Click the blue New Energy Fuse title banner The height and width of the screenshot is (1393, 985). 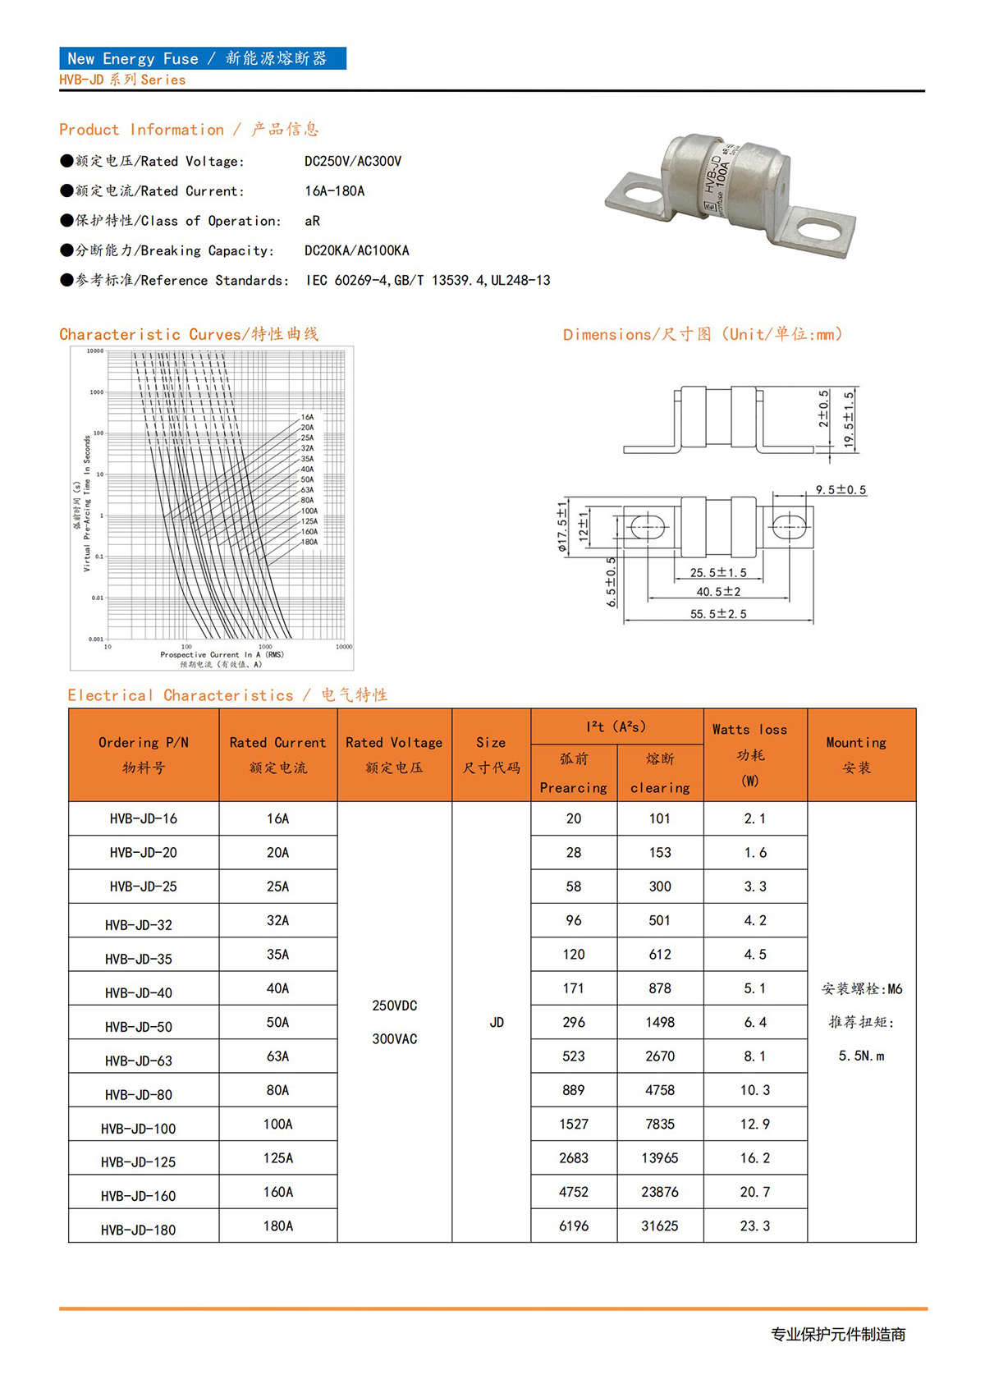pos(202,58)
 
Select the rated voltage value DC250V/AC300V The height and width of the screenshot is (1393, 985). pos(353,161)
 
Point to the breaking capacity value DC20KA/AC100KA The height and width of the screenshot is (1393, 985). pos(356,250)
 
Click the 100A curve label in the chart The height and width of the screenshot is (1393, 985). pos(309,511)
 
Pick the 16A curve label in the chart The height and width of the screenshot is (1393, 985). pos(307,417)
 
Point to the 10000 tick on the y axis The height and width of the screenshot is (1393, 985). pos(95,351)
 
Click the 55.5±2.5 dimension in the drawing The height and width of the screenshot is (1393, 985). pos(718,614)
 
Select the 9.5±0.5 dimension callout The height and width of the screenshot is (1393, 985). pos(841,490)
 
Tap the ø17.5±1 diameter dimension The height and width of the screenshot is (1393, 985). pos(562,526)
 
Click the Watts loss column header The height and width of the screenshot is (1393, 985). pos(749,730)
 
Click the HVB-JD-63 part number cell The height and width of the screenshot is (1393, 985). pos(139,1061)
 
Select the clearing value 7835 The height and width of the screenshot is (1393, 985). pos(660,1124)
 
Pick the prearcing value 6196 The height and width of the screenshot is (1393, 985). pos(574,1226)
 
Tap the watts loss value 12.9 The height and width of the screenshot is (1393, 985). pos(755,1124)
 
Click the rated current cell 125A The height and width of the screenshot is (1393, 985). pos(278,1158)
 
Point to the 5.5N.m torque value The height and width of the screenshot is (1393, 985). pos(862,1056)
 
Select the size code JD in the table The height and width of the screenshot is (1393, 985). pos(497,1022)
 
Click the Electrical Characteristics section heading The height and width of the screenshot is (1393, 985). pos(227,695)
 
